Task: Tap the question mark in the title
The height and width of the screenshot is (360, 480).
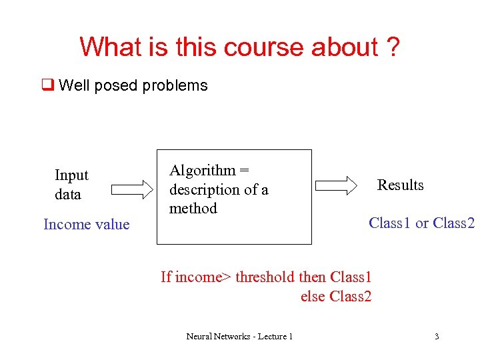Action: coord(392,47)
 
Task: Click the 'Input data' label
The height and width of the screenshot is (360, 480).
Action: coord(71,185)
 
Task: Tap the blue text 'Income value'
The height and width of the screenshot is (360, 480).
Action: coord(86,224)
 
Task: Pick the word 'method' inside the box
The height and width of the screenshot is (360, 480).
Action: coord(193,209)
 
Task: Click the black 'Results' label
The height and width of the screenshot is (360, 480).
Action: coord(400,185)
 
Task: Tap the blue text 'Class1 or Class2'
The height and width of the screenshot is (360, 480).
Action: coord(421,223)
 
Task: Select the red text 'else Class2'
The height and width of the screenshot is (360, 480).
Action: coord(335,296)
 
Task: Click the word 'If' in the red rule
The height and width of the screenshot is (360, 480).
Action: coord(166,277)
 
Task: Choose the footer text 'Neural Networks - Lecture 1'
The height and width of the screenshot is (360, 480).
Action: coord(239,337)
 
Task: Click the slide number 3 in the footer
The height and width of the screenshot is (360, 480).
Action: coord(437,337)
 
